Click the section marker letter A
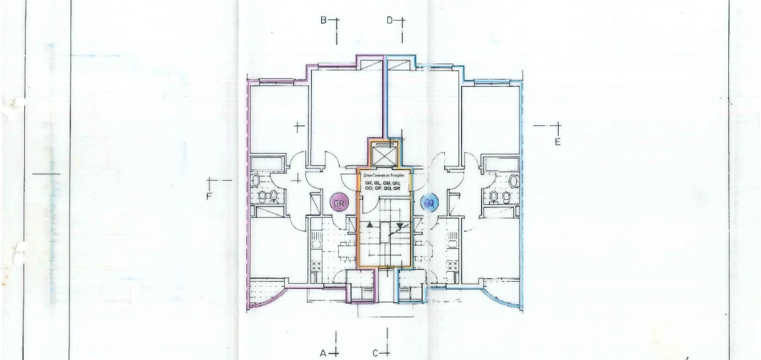pyautogui.click(x=322, y=352)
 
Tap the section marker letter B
pyautogui.click(x=322, y=21)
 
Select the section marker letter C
pyautogui.click(x=374, y=352)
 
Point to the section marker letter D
pyautogui.click(x=390, y=21)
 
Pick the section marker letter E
pyautogui.click(x=558, y=142)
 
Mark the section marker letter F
pyautogui.click(x=209, y=196)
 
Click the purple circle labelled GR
pyautogui.click(x=340, y=203)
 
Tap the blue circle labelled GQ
pyautogui.click(x=429, y=203)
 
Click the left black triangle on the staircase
pyautogui.click(x=369, y=226)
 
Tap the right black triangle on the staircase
pyautogui.click(x=400, y=226)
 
